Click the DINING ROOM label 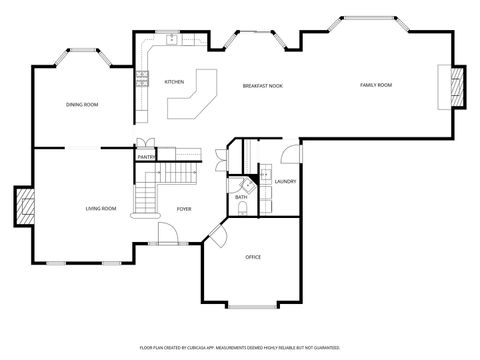click(x=82, y=104)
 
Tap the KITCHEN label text click(x=174, y=82)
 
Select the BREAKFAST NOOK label click(x=263, y=86)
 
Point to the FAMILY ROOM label click(x=376, y=85)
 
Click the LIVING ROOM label click(x=101, y=208)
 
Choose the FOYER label click(x=184, y=209)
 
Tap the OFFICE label click(x=253, y=257)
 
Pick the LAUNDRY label click(x=285, y=181)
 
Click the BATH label click(x=241, y=197)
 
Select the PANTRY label click(x=146, y=157)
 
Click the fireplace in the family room click(x=458, y=86)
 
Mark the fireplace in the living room click(x=25, y=208)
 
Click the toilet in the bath click(x=244, y=185)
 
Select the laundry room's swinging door click(x=290, y=153)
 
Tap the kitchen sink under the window click(x=172, y=40)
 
